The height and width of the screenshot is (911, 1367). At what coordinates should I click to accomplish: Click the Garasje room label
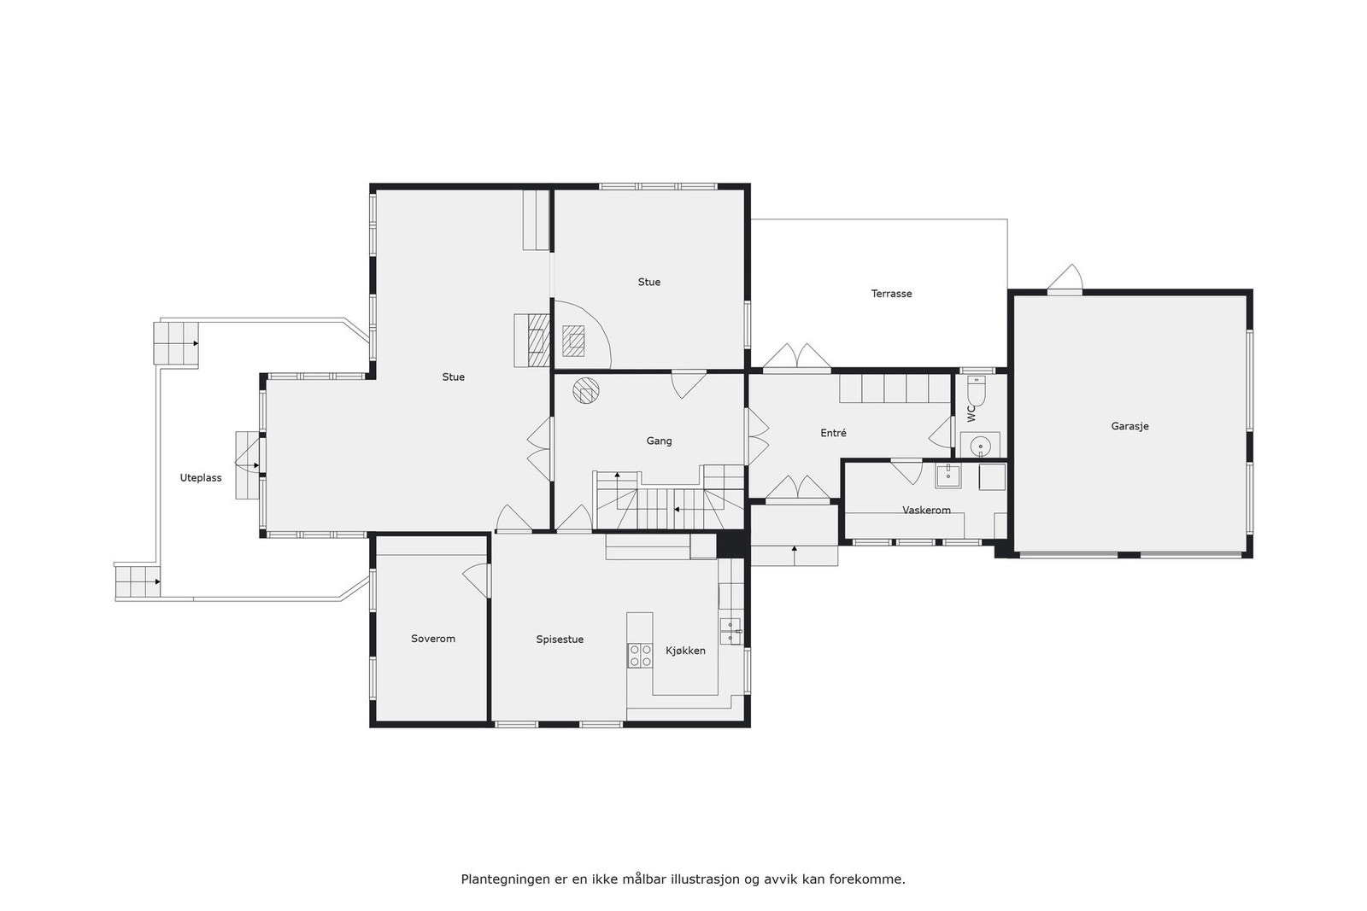(1129, 426)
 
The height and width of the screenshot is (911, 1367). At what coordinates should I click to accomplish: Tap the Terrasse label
(891, 294)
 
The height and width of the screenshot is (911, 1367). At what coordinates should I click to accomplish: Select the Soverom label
(432, 639)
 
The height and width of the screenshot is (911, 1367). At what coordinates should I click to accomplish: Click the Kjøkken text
(685, 651)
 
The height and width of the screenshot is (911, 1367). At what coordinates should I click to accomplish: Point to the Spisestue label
(560, 639)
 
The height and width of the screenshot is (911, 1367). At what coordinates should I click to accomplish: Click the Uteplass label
(201, 478)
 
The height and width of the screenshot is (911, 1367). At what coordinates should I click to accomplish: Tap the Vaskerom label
(926, 511)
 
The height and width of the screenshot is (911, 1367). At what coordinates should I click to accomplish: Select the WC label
(971, 413)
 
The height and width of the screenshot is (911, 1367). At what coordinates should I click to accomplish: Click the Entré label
(833, 434)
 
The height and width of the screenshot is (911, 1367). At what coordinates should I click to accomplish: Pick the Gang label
(659, 441)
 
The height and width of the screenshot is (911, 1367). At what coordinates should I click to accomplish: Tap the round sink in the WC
(981, 445)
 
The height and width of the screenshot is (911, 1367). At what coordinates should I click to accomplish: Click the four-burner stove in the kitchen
(638, 655)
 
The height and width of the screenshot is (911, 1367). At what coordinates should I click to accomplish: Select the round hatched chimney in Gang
(586, 390)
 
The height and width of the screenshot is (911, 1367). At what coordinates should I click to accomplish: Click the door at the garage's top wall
(1065, 278)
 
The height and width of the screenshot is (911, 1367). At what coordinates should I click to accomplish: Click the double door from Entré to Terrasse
(796, 358)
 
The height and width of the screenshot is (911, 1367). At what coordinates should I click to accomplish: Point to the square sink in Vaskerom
(948, 476)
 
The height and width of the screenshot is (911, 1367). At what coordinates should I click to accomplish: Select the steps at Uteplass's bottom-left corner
(138, 581)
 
